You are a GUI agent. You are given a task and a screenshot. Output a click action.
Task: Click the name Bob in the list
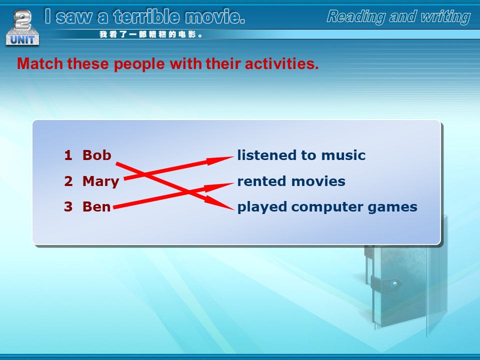(96, 155)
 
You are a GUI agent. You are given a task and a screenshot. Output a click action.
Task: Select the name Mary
(100, 181)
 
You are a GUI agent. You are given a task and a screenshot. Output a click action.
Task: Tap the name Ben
(96, 207)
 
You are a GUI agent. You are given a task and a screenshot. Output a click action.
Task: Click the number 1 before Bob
(68, 155)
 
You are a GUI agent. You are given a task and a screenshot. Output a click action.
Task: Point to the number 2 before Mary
(68, 181)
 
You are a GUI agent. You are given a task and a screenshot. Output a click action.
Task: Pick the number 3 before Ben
(68, 207)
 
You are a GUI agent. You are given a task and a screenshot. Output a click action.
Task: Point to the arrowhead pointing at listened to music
(220, 160)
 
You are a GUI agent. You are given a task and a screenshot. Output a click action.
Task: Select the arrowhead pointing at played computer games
(219, 203)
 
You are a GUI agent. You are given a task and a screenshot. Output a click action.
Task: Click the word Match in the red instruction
(40, 63)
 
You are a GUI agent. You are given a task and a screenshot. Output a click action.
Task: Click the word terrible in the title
(146, 16)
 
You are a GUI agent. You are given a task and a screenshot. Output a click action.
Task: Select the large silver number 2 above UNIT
(22, 20)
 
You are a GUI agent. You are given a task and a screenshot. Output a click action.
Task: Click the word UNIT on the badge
(22, 40)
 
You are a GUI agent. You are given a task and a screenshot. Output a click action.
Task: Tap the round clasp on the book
(395, 283)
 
